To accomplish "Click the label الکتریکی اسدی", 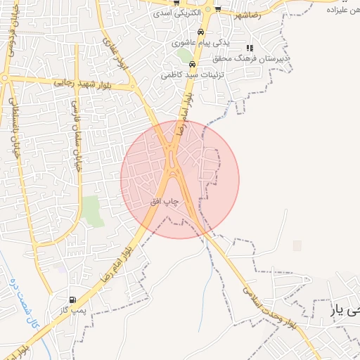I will [179, 13].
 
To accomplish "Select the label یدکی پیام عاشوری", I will [200, 43].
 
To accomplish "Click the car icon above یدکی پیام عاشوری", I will [202, 32].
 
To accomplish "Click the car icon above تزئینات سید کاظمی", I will [193, 65].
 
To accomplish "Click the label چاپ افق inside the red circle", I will [165, 202].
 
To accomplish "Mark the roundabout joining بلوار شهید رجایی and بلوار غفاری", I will [132, 87].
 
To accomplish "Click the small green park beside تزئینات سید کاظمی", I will [184, 55].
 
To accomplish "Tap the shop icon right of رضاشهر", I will [218, 9].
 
